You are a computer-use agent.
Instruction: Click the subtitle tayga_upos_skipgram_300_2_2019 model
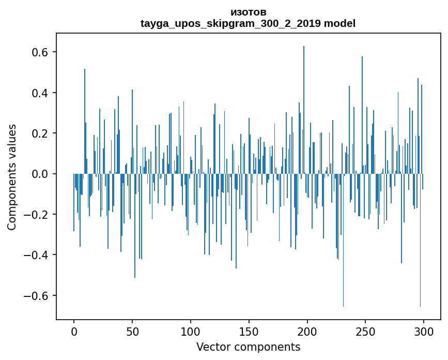248,24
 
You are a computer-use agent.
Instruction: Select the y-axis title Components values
11,177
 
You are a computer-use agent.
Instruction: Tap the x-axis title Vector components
248,347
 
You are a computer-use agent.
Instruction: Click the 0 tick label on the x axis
74,331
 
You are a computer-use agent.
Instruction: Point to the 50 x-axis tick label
132,331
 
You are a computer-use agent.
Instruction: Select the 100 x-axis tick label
191,331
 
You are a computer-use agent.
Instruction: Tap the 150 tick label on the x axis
249,331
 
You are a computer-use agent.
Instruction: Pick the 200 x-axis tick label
307,331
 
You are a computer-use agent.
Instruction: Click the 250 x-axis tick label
366,331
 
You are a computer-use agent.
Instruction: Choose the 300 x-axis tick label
424,331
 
